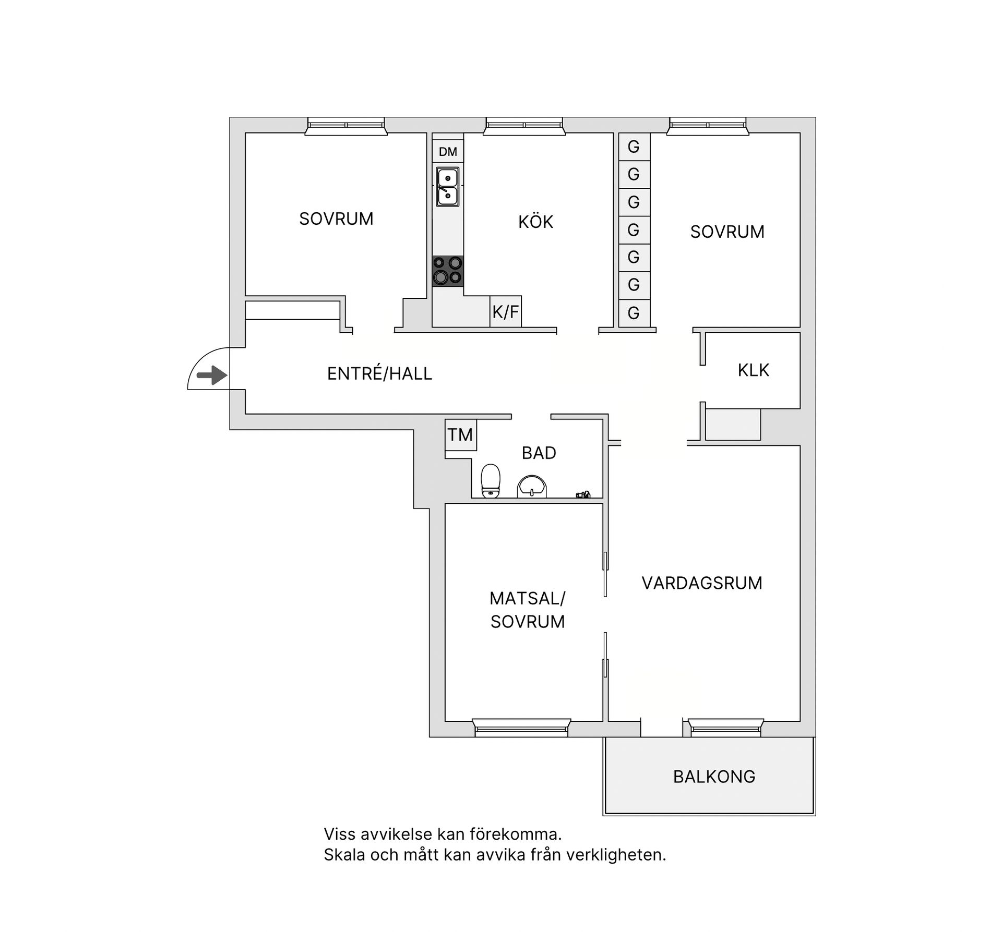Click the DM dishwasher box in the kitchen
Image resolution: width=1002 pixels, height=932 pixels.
(448, 152)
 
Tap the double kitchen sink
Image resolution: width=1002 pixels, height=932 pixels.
(448, 187)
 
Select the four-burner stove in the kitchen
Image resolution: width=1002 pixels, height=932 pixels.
(448, 271)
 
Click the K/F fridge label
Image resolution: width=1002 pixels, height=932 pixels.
(506, 312)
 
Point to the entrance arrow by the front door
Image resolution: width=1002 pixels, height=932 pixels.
(212, 375)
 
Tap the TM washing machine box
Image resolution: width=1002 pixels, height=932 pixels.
(460, 435)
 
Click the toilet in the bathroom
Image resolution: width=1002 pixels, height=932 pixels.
(490, 481)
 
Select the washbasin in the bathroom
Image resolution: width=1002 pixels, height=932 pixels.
(531, 486)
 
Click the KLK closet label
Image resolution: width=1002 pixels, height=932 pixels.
(753, 370)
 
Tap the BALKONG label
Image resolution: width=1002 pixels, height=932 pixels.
(714, 777)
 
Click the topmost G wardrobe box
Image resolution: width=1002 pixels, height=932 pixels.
(634, 147)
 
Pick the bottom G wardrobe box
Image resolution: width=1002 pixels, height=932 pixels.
(634, 313)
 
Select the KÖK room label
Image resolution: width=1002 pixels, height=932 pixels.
(535, 222)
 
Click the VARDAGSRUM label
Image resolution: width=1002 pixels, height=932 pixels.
(702, 583)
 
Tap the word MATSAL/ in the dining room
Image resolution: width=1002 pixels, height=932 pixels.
(527, 599)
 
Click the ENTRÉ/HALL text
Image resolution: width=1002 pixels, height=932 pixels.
(379, 374)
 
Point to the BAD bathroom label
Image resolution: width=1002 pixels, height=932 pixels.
(539, 453)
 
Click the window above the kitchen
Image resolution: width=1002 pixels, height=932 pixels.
(524, 125)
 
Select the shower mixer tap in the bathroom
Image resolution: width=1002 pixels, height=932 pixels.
(583, 494)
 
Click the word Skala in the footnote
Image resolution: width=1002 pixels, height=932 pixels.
(344, 855)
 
